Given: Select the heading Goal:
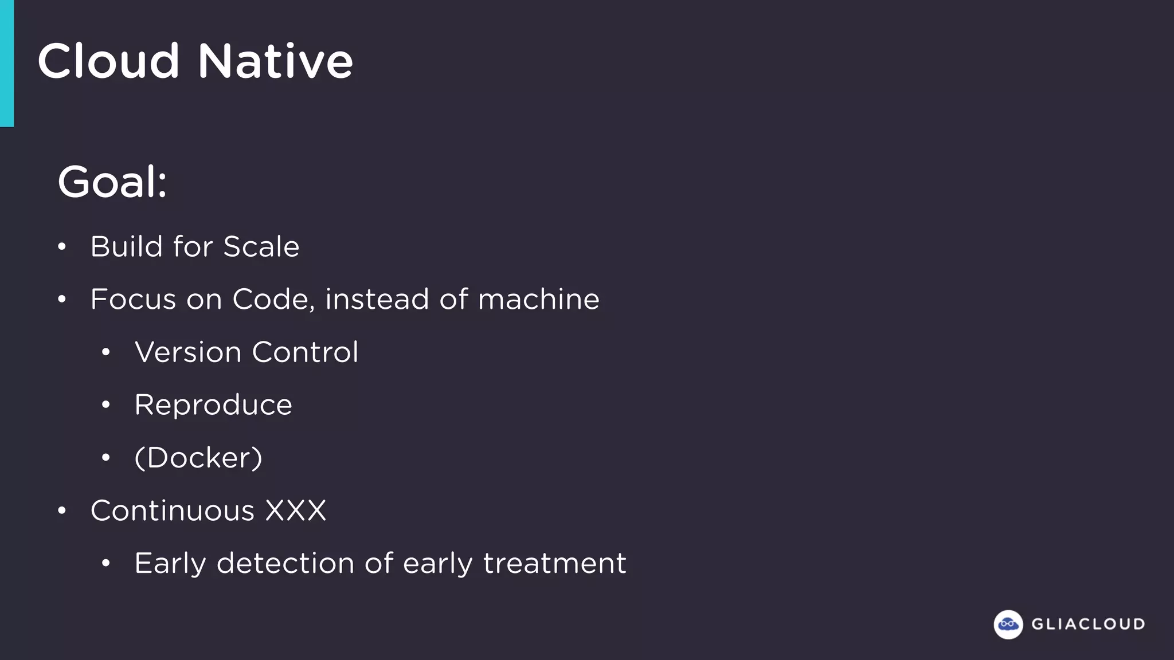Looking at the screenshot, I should tap(112, 182).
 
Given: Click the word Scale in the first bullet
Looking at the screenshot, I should tap(261, 247).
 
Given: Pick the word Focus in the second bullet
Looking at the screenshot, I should tap(133, 300).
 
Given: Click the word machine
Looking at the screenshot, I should tap(538, 300).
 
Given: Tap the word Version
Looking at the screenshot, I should tap(188, 352).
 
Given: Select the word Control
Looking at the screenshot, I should tap(305, 352).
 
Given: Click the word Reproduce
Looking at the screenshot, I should tap(213, 406).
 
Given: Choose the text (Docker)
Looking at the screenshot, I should tap(198, 458).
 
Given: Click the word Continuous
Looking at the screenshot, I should tap(172, 510).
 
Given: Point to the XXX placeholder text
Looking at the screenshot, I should tap(295, 510).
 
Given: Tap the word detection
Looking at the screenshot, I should tap(285, 563).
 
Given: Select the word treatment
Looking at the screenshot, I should tap(554, 563).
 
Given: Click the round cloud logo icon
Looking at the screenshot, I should tap(1008, 624).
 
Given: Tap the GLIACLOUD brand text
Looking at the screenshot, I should tap(1088, 624).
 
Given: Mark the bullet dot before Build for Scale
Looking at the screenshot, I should tap(62, 247).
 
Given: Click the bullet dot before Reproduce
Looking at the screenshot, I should tap(105, 406).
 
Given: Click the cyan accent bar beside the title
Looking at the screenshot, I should tap(6, 63).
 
